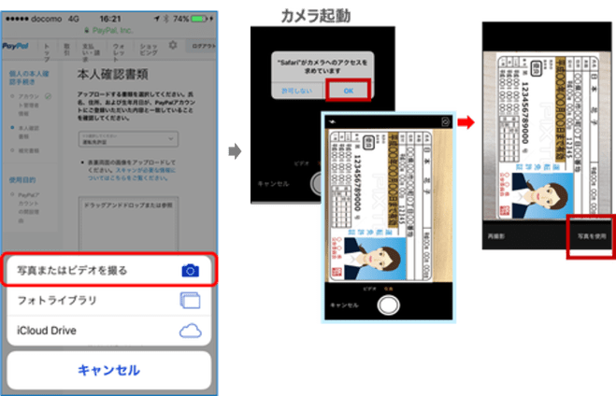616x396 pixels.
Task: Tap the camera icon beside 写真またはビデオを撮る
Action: coord(191,270)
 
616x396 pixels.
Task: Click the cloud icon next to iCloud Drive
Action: coord(191,331)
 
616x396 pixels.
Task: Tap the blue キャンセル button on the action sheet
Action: coord(109,370)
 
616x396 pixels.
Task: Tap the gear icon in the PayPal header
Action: coord(172,46)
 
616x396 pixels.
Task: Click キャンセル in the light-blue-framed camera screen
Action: coord(345,304)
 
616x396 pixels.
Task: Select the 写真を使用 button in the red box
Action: coord(589,236)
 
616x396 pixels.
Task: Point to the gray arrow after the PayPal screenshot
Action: coord(234,151)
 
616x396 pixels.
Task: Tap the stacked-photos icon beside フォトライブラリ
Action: coord(190,301)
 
